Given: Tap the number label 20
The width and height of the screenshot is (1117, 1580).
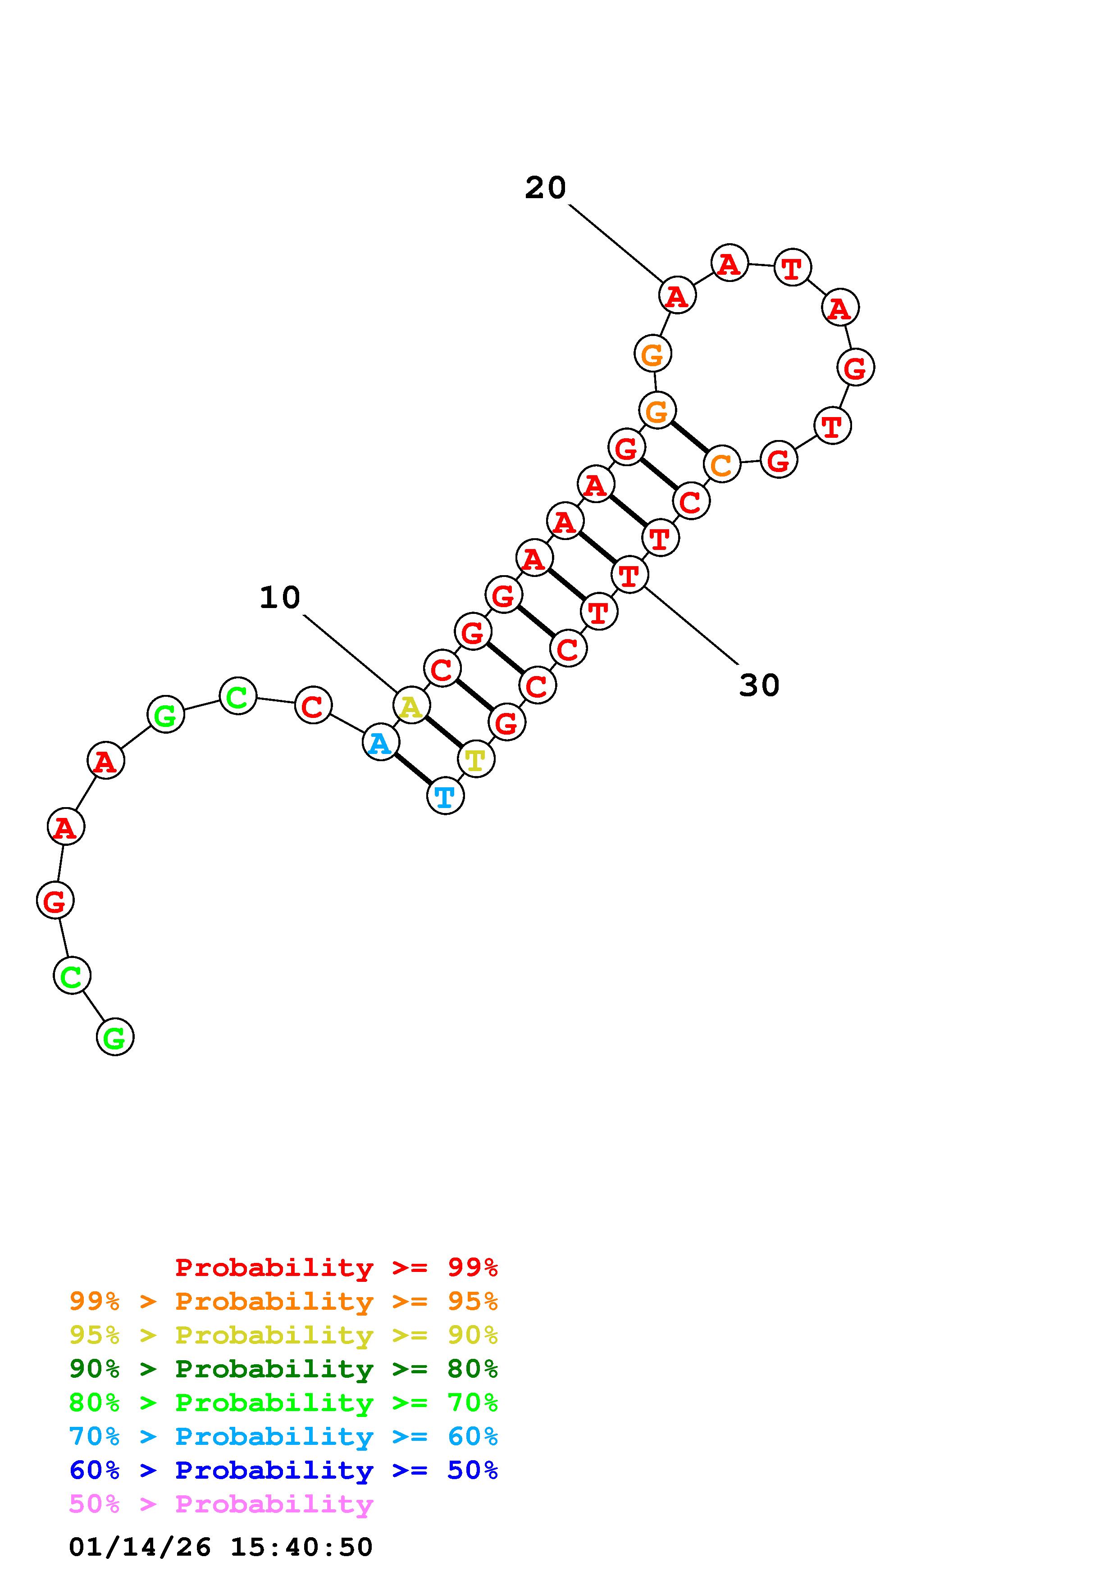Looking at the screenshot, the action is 545,188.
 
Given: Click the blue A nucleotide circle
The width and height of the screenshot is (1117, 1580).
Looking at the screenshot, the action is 380,743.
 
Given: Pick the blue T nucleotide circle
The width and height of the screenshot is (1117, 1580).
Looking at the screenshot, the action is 445,796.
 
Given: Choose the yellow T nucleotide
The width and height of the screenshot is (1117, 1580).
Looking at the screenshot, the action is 475,759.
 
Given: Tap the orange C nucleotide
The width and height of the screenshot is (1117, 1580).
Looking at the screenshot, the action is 721,464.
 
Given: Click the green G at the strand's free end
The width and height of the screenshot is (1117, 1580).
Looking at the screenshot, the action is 115,1036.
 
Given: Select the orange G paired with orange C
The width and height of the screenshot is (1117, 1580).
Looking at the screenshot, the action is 657,411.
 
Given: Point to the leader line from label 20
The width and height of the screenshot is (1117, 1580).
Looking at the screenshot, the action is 615,243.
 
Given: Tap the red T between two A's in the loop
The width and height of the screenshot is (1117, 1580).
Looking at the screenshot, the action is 792,267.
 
